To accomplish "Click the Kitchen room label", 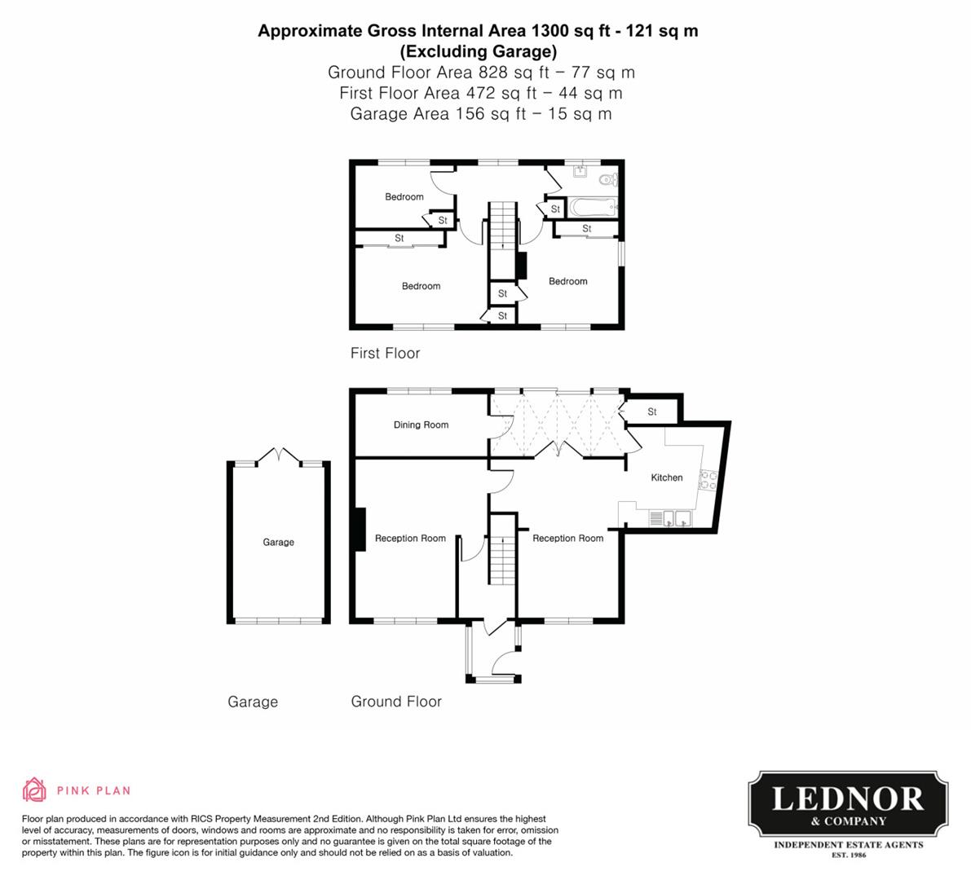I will [666, 477].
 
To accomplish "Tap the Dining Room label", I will [421, 425].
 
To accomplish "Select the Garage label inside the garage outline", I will [278, 542].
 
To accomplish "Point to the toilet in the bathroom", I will [607, 179].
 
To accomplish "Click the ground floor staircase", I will [502, 561].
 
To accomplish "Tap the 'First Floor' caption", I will [385, 353].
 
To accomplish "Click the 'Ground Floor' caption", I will [396, 702].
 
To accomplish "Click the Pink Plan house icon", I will [34, 790].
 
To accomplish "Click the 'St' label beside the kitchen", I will [651, 412].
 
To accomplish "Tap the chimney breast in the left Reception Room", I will [360, 530].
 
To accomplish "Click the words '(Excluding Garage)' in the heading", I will [478, 52].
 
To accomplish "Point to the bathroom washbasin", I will [580, 172].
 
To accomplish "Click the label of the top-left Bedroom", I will [404, 196].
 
